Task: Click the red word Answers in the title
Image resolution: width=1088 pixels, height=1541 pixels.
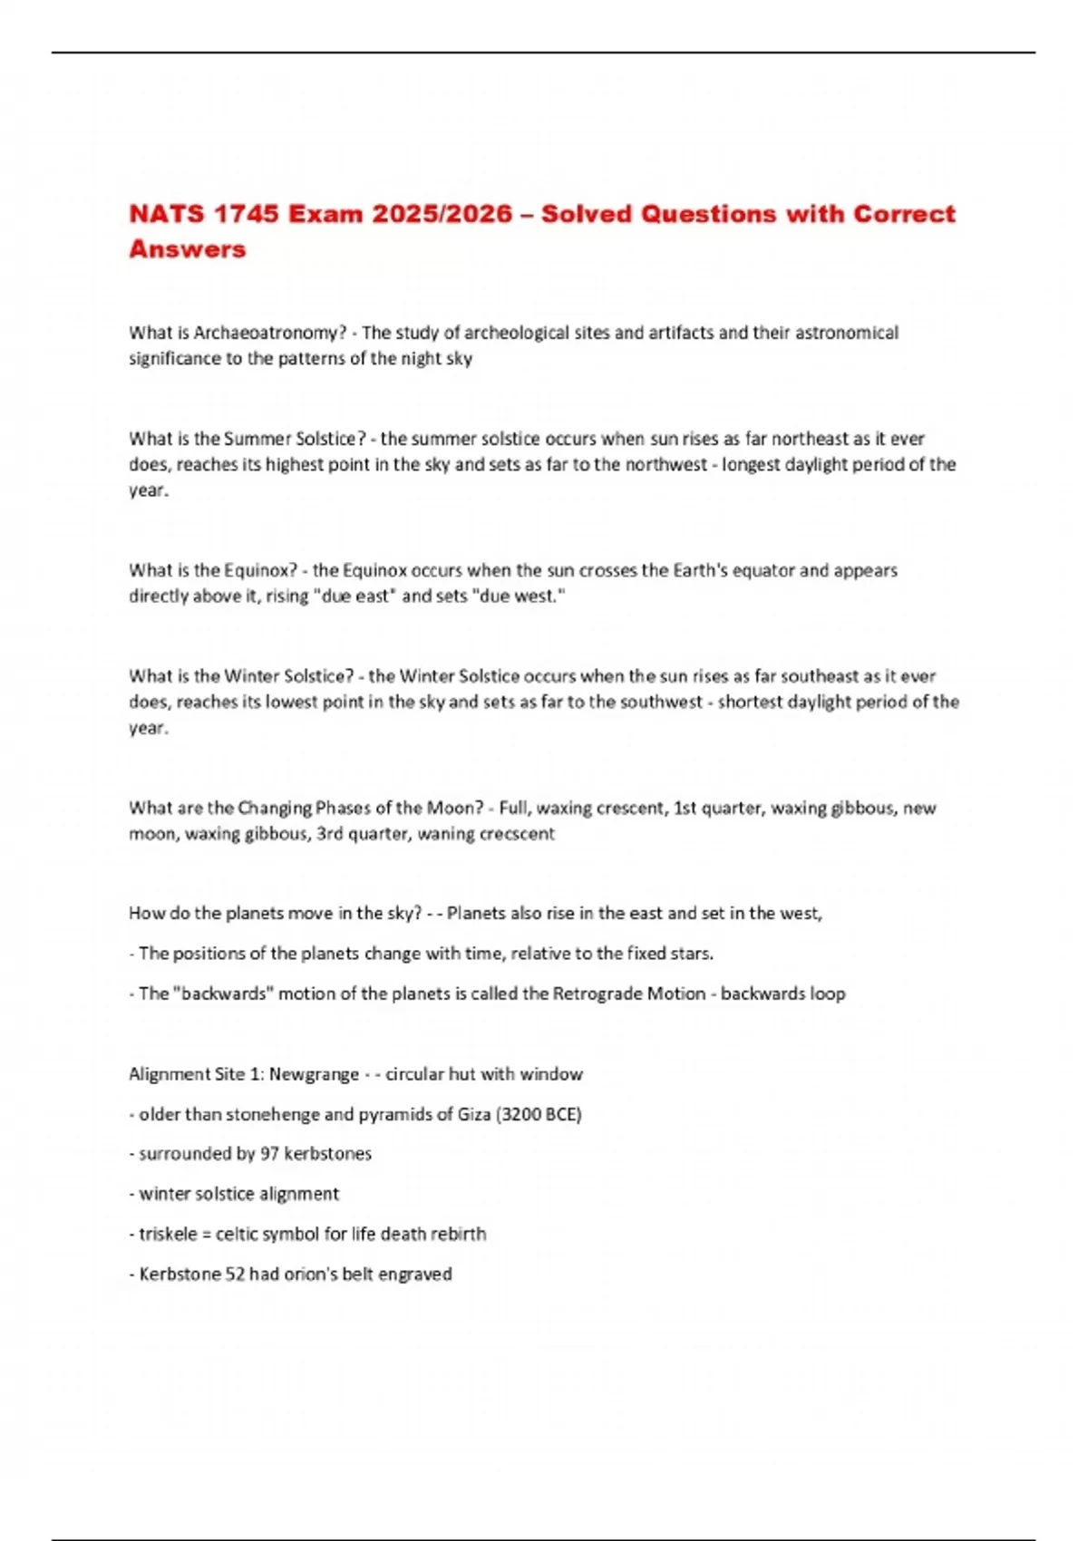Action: pos(187,249)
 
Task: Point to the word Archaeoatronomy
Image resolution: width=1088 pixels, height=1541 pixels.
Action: pos(269,333)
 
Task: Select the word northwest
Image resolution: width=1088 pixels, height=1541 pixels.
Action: pos(661,464)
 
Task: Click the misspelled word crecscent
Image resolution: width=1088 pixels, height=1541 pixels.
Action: pos(515,834)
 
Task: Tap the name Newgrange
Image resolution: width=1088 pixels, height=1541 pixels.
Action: pos(314,1074)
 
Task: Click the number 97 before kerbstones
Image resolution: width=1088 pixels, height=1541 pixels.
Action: pos(269,1154)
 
